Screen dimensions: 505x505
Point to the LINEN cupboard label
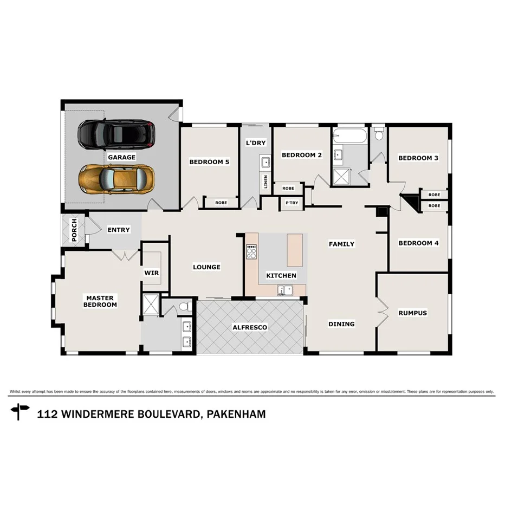tap(266, 181)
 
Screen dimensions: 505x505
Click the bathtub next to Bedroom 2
tap(349, 136)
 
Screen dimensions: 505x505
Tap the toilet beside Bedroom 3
tap(379, 133)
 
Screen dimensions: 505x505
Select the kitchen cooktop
tap(251, 252)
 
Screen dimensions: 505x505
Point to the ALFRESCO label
tap(250, 327)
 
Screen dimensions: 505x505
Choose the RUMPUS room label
tap(412, 313)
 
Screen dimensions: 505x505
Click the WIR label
tap(152, 273)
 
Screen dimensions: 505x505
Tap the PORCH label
tap(74, 230)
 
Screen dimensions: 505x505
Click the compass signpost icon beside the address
tap(21, 412)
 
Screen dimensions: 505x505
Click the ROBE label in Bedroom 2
tap(288, 188)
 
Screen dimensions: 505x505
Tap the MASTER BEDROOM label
tap(100, 301)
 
